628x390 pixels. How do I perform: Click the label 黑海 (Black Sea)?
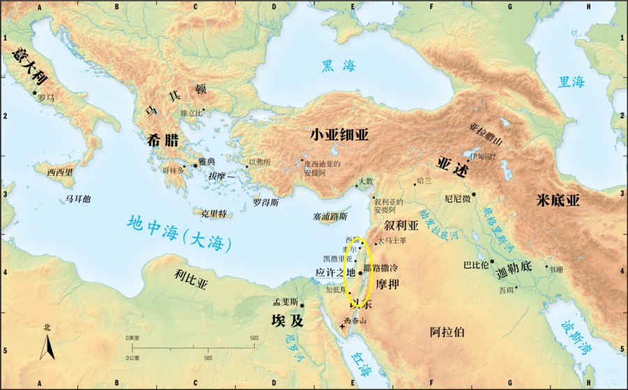338,66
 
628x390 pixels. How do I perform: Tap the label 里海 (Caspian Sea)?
571,82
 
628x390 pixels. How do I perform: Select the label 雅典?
207,159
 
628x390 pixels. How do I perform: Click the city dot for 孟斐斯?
301,306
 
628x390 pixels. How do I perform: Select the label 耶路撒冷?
382,268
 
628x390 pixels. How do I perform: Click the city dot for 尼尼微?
474,194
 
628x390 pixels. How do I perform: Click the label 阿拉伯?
447,333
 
